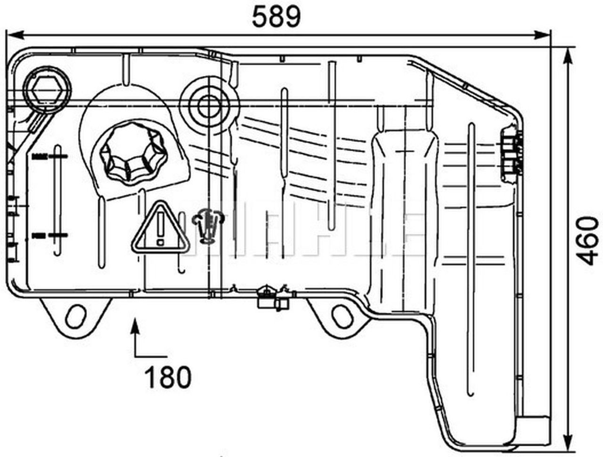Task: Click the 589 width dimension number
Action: (276, 17)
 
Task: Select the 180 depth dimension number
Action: (168, 377)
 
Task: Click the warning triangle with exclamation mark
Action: (160, 228)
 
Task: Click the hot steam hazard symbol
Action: (207, 226)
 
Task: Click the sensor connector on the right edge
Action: (512, 153)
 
